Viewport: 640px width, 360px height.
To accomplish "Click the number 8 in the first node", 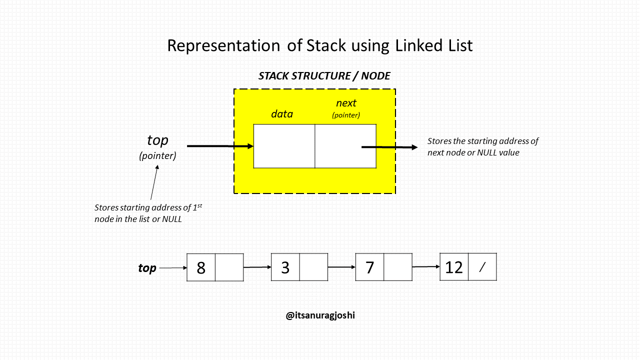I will pyautogui.click(x=201, y=268).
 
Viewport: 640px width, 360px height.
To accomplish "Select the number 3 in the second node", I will pyautogui.click(x=285, y=268).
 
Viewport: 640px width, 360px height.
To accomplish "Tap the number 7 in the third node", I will pyautogui.click(x=369, y=268).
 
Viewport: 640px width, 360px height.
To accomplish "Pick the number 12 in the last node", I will pyautogui.click(x=454, y=267).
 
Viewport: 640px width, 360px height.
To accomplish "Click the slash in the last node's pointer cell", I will pyautogui.click(x=482, y=267).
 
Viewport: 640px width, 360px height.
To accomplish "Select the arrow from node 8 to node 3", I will pyautogui.click(x=257, y=267).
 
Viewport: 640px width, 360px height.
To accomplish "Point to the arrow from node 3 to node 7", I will pyautogui.click(x=341, y=267).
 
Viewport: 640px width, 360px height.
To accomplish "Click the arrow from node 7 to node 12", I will pyautogui.click(x=426, y=267).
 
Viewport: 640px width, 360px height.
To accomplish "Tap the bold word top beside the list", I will pyautogui.click(x=147, y=268).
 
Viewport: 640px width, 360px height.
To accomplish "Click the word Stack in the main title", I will pyautogui.click(x=326, y=45).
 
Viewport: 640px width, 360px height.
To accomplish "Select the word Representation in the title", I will pyautogui.click(x=223, y=45).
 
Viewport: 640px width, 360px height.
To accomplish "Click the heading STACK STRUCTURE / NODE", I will pyautogui.click(x=324, y=76).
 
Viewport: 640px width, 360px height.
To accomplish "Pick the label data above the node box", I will pyautogui.click(x=282, y=114).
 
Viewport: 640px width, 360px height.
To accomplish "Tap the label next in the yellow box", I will pyautogui.click(x=346, y=103).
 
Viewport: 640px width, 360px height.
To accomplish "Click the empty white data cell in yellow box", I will pyautogui.click(x=284, y=146).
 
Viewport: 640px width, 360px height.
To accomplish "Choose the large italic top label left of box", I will pyautogui.click(x=157, y=140).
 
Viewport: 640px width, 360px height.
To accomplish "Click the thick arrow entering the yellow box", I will pyautogui.click(x=220, y=146).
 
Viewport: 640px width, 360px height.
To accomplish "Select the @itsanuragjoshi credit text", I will pyautogui.click(x=320, y=315).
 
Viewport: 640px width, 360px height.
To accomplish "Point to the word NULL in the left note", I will pyautogui.click(x=171, y=219).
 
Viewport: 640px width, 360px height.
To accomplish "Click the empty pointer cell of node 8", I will pyautogui.click(x=229, y=267).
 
